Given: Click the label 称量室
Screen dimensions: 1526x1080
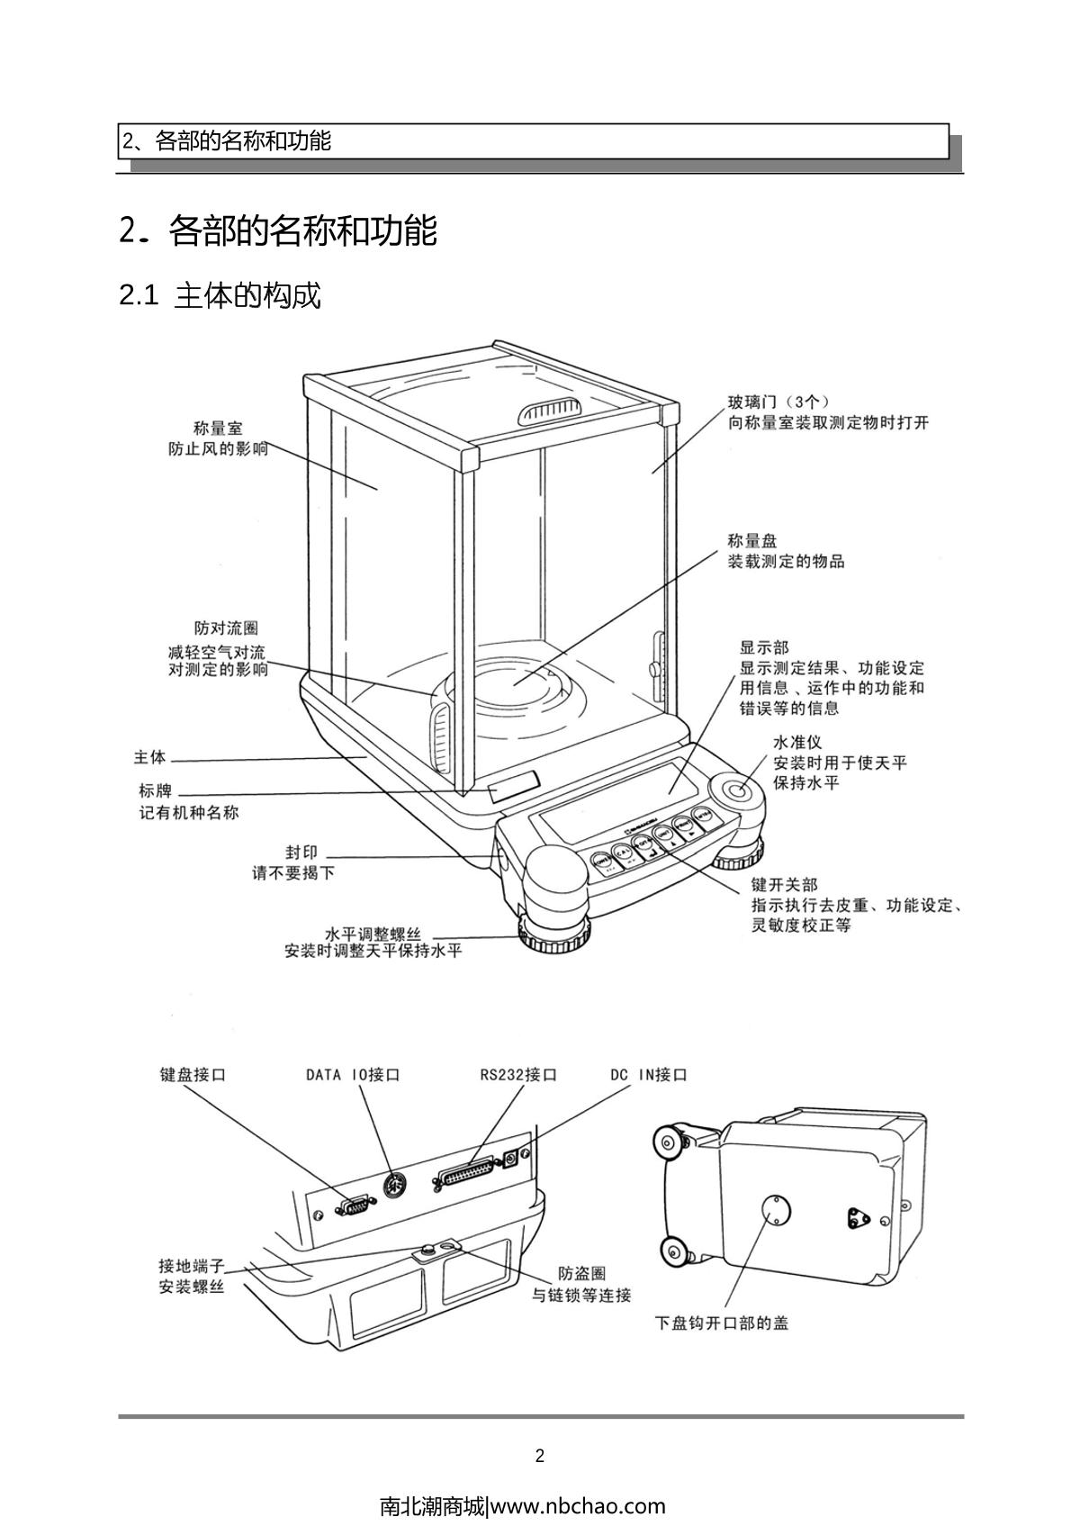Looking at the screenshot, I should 218,429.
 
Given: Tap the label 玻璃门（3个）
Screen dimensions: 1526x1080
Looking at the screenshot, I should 778,402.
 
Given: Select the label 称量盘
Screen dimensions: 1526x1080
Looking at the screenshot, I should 752,541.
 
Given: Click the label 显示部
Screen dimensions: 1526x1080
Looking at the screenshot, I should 763,647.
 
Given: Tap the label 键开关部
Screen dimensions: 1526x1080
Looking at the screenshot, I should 785,885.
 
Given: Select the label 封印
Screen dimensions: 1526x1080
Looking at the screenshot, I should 301,853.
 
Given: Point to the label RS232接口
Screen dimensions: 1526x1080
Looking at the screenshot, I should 518,1075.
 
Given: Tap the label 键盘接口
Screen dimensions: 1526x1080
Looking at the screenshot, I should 193,1075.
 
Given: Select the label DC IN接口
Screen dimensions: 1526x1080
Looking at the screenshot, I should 648,1075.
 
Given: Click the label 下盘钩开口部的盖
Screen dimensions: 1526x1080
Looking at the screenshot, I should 722,1323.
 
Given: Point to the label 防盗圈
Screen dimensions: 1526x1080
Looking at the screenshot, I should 581,1274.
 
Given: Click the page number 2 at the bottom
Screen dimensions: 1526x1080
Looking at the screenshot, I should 540,1456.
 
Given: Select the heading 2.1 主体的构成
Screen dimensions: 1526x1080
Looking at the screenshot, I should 220,295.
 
